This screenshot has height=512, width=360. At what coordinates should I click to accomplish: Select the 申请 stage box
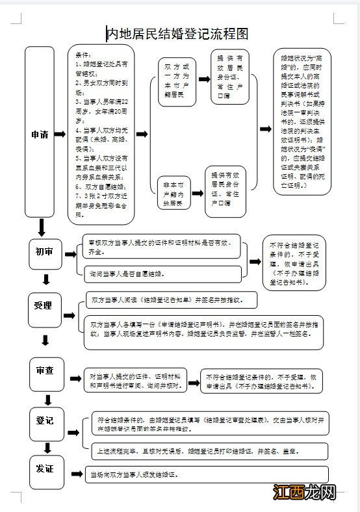point(40,134)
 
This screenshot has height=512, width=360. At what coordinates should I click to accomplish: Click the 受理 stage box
point(44,305)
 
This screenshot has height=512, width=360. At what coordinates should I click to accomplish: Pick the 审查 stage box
point(45,370)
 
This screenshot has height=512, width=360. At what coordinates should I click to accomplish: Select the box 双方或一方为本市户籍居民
point(177,81)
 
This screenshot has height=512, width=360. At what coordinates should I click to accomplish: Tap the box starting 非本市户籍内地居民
point(174,194)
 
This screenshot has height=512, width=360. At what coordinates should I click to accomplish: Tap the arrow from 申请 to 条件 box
point(60,134)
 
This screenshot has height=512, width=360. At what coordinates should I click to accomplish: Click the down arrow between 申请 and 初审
point(42,227)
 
